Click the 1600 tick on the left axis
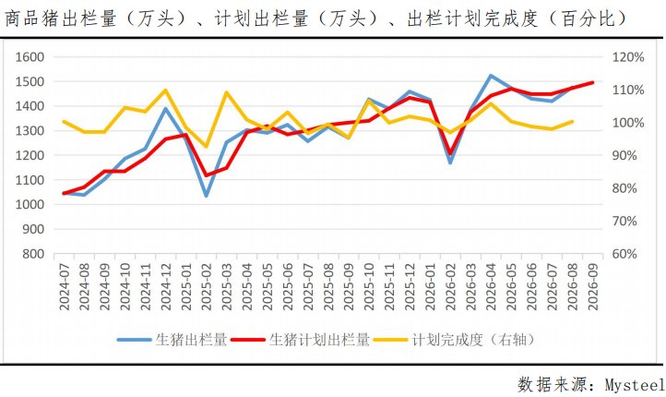(30, 57)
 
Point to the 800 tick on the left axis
(33, 254)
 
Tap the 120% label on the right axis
(628, 57)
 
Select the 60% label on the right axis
(624, 254)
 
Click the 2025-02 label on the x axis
(207, 286)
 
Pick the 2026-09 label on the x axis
(592, 286)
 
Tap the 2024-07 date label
(65, 286)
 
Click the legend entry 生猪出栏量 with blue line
(172, 340)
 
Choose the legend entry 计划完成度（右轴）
(454, 340)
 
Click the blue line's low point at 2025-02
(207, 196)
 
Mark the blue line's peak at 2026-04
(491, 76)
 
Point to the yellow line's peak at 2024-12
(166, 90)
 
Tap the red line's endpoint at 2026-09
(592, 82)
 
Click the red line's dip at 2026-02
(450, 153)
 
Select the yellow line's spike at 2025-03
(227, 92)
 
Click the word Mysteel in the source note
(635, 385)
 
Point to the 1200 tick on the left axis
(30, 156)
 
